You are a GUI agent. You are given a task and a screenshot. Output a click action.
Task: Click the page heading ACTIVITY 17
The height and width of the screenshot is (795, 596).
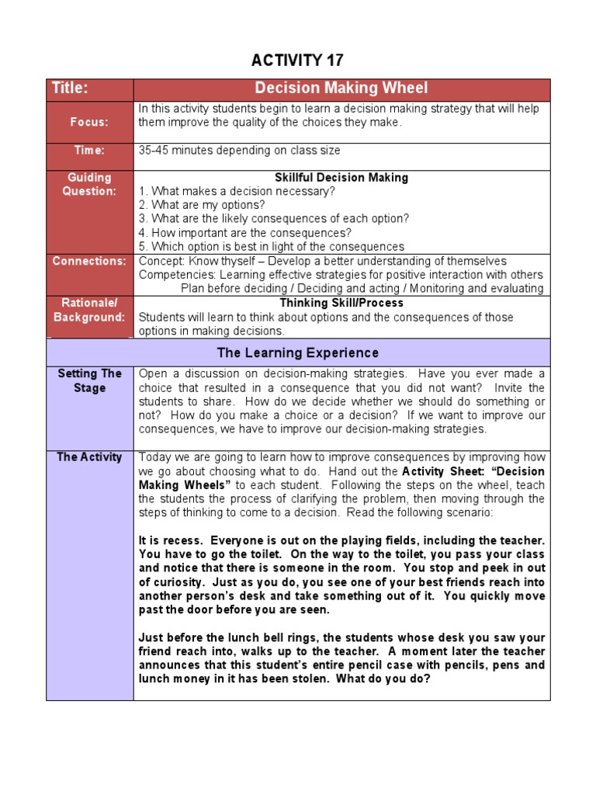[x=298, y=61]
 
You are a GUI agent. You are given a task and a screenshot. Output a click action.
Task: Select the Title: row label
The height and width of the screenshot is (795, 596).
[x=71, y=89]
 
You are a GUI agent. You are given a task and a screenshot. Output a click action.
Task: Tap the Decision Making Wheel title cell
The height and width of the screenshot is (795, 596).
[x=341, y=89]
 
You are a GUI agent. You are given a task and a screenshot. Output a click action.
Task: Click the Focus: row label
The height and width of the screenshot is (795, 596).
[x=90, y=122]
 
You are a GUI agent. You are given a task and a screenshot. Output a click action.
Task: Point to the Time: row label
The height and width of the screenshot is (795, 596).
[x=90, y=150]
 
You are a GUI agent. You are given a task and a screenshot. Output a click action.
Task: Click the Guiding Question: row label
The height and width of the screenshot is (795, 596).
[x=90, y=185]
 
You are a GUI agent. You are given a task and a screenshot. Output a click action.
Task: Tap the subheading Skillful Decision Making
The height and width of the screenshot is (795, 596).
[x=341, y=178]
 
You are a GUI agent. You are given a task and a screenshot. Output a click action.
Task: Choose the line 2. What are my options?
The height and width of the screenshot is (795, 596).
[x=202, y=206]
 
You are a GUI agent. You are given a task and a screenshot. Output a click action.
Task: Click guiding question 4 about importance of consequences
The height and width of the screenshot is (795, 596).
[x=245, y=233]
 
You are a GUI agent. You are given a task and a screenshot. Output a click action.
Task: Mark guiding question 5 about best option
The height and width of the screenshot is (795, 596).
[x=271, y=247]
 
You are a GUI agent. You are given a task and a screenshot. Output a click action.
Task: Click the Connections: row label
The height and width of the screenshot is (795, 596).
[x=89, y=261]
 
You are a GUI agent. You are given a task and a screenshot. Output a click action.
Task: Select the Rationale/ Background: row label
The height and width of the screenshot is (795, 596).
[x=89, y=310]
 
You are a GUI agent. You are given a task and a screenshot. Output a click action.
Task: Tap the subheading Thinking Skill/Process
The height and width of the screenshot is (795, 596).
[x=341, y=303]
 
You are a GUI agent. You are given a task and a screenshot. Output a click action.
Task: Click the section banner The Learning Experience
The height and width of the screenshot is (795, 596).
[x=298, y=353]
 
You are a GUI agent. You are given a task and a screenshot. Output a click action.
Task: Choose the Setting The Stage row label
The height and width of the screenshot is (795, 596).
[x=90, y=380]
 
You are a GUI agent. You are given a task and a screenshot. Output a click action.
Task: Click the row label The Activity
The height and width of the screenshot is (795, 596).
[x=89, y=457]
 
